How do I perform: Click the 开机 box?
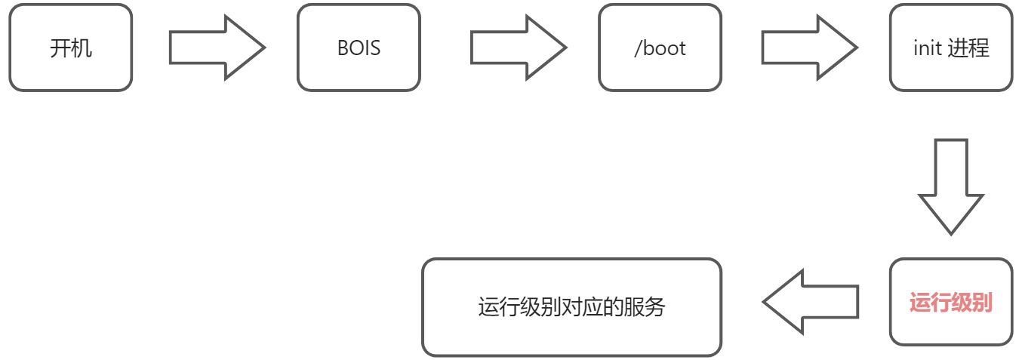point(71,48)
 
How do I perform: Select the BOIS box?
point(359,48)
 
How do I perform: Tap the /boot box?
point(660,48)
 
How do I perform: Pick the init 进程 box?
point(950,48)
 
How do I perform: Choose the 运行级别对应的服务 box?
point(571,306)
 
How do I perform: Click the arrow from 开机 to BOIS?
point(217,48)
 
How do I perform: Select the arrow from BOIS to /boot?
point(519,48)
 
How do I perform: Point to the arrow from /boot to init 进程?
point(808,48)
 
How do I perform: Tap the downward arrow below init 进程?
point(950,184)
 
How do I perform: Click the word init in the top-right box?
point(926,48)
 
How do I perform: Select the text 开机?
point(71,48)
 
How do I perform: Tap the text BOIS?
point(359,48)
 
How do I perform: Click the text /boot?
point(660,48)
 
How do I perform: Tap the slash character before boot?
point(638,48)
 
